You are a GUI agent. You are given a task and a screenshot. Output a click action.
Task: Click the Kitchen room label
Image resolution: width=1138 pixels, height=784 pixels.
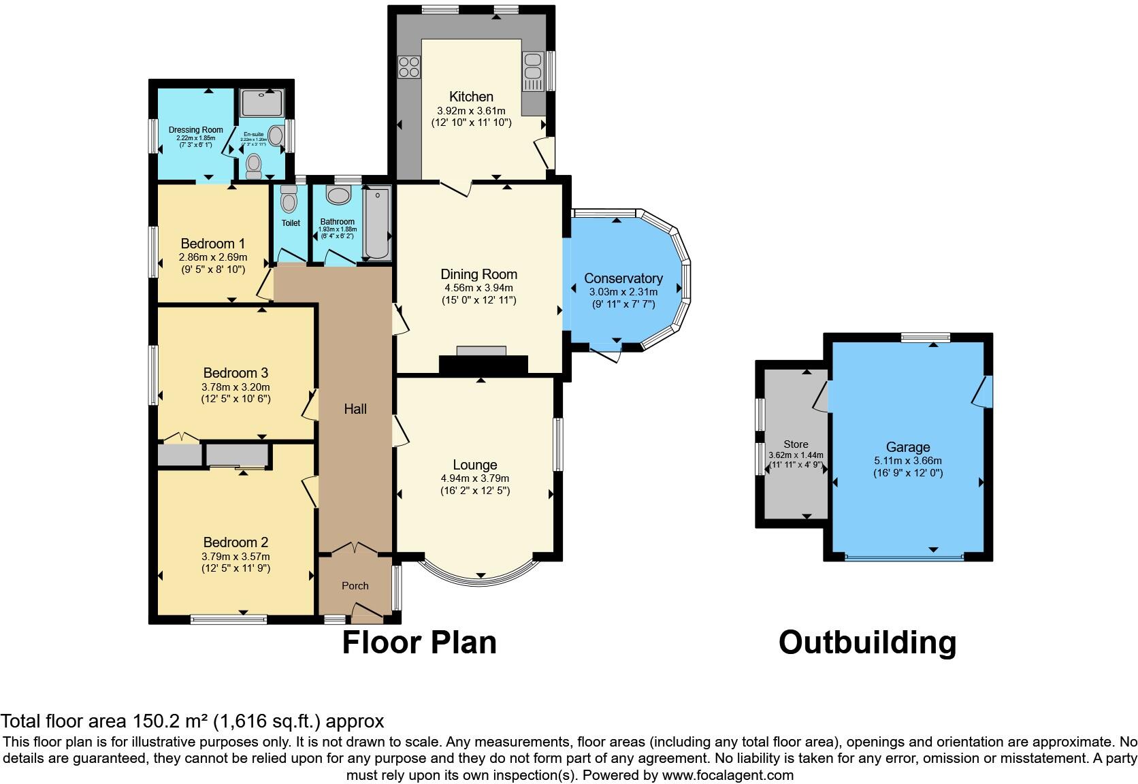coord(471,97)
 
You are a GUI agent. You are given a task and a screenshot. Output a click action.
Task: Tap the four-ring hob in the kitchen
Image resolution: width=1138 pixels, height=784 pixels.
coord(408,67)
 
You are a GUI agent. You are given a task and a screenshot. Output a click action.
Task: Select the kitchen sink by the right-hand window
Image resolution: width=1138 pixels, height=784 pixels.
coord(532,67)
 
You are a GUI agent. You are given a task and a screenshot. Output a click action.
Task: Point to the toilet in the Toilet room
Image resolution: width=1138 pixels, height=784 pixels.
coord(289,200)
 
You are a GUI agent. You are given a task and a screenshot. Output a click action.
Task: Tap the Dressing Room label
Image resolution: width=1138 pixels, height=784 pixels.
coord(195,130)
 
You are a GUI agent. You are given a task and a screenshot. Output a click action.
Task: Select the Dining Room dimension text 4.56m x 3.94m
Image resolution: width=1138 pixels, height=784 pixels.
coord(478,288)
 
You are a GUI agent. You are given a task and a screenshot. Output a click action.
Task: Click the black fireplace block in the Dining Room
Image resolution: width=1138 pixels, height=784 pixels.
coord(483,365)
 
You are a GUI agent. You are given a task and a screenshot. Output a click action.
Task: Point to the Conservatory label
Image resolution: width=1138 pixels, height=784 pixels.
coord(623,278)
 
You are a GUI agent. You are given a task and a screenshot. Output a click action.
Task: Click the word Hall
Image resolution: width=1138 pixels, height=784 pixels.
coord(355,409)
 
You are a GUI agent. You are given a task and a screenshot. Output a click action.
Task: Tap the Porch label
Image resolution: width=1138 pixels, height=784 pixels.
coord(355,585)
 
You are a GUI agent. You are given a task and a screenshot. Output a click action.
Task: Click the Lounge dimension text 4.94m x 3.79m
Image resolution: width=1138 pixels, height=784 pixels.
coord(474,478)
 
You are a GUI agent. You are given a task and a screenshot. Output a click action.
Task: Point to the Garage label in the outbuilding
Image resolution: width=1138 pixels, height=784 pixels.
coord(907,447)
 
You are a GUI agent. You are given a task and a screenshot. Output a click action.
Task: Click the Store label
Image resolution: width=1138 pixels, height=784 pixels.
coord(796,444)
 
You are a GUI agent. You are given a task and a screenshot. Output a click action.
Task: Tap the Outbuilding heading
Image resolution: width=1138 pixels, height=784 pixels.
coord(867,642)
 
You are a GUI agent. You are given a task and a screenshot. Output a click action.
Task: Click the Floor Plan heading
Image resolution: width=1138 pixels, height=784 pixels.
coord(419,642)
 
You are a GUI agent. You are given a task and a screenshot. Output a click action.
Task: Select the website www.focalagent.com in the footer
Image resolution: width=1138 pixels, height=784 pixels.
coord(727,775)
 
